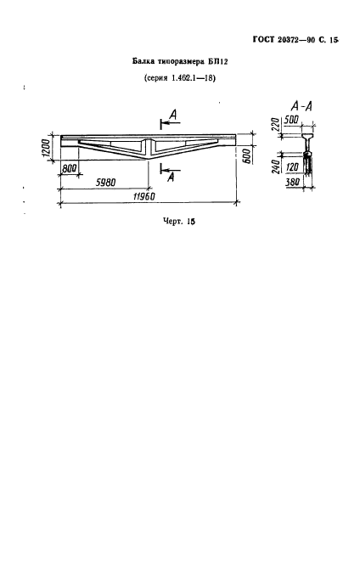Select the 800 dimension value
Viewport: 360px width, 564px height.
point(69,168)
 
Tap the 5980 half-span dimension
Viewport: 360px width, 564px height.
point(105,183)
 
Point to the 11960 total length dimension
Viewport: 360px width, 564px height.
point(144,197)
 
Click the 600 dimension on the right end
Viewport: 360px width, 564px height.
point(248,155)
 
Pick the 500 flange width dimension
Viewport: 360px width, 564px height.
point(291,120)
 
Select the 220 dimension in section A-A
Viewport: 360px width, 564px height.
point(275,125)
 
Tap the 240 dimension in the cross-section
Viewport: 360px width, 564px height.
point(275,165)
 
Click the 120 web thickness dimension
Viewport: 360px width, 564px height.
point(292,166)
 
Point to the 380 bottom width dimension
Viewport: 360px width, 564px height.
point(292,183)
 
